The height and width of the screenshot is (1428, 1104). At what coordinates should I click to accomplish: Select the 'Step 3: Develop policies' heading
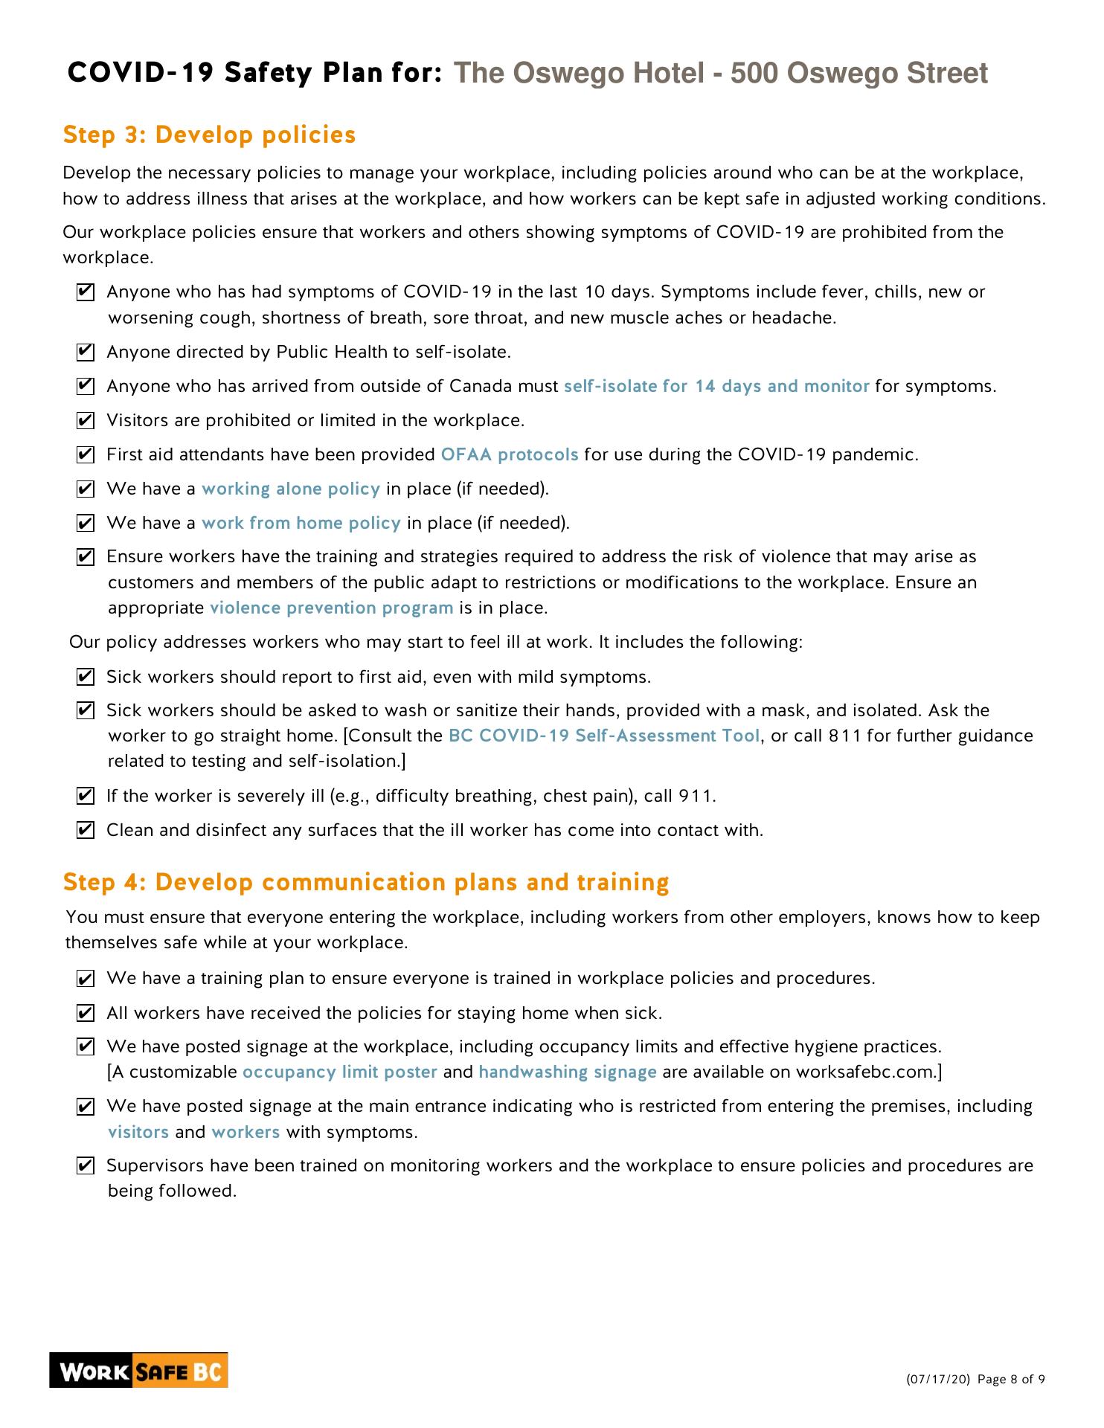pos(210,135)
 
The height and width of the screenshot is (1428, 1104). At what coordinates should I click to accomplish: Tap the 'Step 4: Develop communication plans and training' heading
pos(366,882)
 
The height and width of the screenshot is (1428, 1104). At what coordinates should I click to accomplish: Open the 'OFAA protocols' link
pos(510,454)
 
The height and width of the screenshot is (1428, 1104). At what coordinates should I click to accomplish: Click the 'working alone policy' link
pos(291,489)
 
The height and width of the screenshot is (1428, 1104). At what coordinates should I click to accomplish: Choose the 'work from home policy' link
pos(301,523)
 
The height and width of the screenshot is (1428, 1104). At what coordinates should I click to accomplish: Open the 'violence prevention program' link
pos(332,608)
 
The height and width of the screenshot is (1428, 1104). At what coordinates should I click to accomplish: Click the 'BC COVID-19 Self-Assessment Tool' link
pos(604,736)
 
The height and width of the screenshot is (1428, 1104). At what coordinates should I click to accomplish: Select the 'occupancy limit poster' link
pos(340,1072)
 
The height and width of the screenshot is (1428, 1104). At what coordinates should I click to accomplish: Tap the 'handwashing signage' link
pos(568,1072)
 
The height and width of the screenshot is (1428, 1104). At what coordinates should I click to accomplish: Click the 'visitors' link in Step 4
pos(139,1132)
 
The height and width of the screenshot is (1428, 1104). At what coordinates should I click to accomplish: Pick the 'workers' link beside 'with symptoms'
pos(245,1132)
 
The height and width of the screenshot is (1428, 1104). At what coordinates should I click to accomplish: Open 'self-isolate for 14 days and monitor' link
pos(716,386)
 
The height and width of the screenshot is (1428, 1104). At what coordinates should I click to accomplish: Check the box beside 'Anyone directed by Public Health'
pos(86,352)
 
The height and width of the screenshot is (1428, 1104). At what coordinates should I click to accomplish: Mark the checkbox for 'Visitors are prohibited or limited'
pos(86,421)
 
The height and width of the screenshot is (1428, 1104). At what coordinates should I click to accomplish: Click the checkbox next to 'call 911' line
pos(86,797)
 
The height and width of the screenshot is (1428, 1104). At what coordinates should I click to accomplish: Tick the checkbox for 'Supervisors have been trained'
pos(86,1165)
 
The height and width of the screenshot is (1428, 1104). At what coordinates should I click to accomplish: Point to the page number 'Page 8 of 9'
pos(1011,1380)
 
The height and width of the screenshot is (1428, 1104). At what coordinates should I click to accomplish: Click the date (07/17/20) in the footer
pos(938,1380)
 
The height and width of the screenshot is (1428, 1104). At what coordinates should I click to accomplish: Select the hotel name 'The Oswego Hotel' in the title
pos(579,73)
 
